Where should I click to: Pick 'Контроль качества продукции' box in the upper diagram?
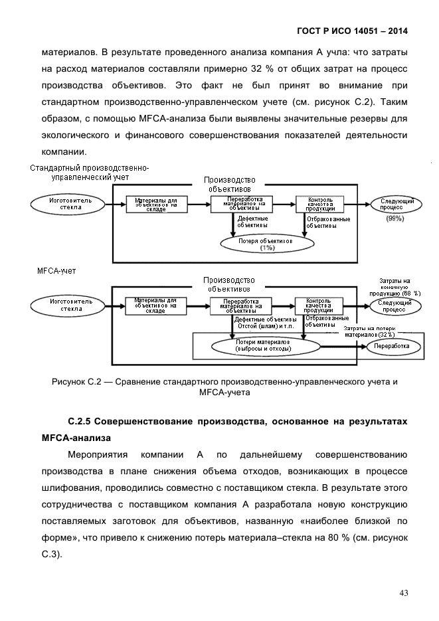pos(315,204)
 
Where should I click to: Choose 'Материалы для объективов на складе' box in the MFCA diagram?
pos(155,306)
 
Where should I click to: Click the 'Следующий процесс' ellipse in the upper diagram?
pos(397,204)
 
